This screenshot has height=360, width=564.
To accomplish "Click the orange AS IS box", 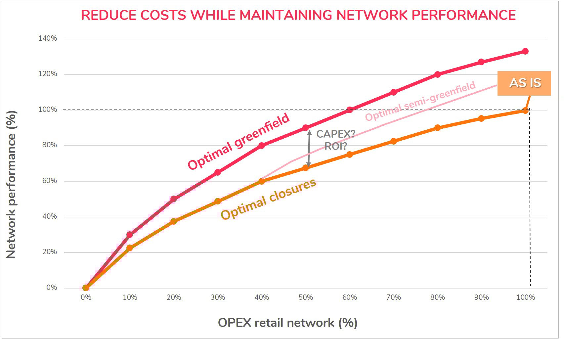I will (524, 83).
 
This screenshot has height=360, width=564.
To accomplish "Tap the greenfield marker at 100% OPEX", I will (525, 51).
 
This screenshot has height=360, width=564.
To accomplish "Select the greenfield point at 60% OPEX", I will (350, 110).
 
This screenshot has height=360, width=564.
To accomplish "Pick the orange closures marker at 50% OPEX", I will (306, 168).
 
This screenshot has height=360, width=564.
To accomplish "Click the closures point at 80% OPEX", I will (437, 128).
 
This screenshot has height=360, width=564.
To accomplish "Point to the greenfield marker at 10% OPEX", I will (130, 235).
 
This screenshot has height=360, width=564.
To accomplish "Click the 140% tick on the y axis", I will (48, 38).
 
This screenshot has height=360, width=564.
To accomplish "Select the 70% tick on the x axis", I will (393, 297).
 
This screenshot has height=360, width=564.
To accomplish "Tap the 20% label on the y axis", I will (48, 252).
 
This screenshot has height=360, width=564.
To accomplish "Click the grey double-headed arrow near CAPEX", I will (309, 148).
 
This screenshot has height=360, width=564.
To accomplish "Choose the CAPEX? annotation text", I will (335, 134).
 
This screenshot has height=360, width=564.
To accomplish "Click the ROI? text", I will (335, 146).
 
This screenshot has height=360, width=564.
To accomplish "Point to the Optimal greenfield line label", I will (239, 141).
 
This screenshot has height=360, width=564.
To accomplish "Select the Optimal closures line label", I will (268, 200).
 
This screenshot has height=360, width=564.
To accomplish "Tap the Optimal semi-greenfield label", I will (420, 101).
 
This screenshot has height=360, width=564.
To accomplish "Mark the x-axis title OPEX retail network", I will (287, 323).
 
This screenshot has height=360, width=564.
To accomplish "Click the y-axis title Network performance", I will (11, 185).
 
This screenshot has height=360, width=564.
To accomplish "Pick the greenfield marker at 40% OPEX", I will (262, 146).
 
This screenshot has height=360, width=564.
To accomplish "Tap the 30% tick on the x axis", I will (218, 297).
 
